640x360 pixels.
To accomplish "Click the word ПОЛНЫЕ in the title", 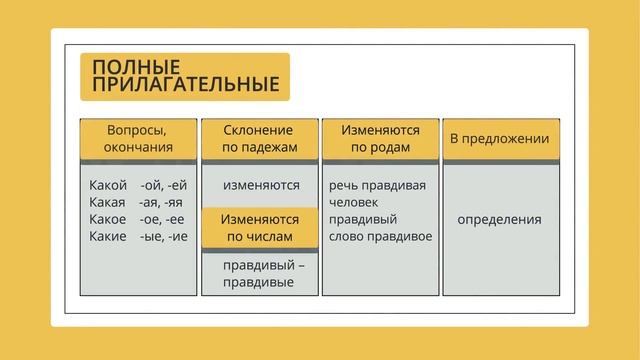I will click(x=125, y=67).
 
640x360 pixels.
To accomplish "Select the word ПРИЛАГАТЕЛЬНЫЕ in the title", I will click(x=185, y=85).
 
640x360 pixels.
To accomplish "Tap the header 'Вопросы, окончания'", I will click(x=138, y=139).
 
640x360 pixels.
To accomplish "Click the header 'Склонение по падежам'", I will click(x=260, y=139).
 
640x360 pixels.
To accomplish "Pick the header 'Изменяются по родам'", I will click(x=380, y=139).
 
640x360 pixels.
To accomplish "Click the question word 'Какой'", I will click(x=108, y=185).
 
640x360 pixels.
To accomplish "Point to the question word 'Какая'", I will click(x=107, y=202).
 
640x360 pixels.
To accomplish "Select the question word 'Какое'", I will click(x=107, y=219).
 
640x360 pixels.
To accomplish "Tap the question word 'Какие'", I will click(x=107, y=236).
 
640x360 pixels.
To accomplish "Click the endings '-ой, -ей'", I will click(x=164, y=185).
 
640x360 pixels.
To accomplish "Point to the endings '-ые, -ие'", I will click(x=164, y=236).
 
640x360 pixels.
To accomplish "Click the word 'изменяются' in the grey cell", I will click(x=261, y=185).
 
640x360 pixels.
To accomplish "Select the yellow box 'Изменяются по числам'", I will click(x=260, y=227).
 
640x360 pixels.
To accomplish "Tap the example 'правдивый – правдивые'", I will click(x=260, y=273).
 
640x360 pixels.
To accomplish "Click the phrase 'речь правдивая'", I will click(x=377, y=185).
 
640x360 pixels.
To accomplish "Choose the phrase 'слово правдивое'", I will click(x=380, y=236).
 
